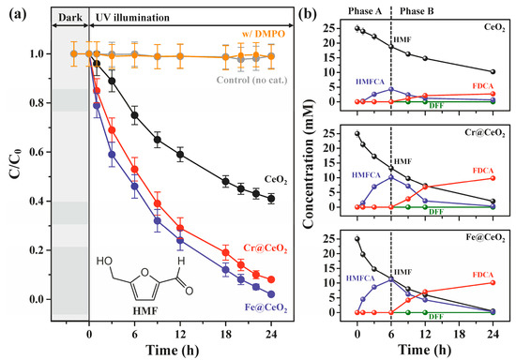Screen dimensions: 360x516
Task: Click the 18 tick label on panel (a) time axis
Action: point(224,327)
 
